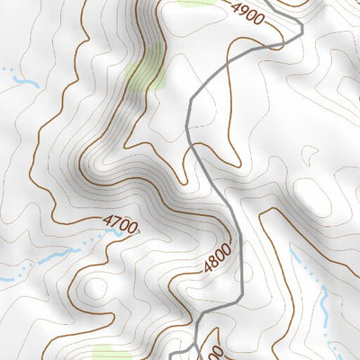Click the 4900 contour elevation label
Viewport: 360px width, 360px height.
(249, 14)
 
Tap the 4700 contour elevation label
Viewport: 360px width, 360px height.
(121, 222)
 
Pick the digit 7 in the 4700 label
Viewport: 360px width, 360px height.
(114, 220)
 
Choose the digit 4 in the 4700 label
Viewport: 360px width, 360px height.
(106, 218)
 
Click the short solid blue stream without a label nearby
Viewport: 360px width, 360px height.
(22, 82)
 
